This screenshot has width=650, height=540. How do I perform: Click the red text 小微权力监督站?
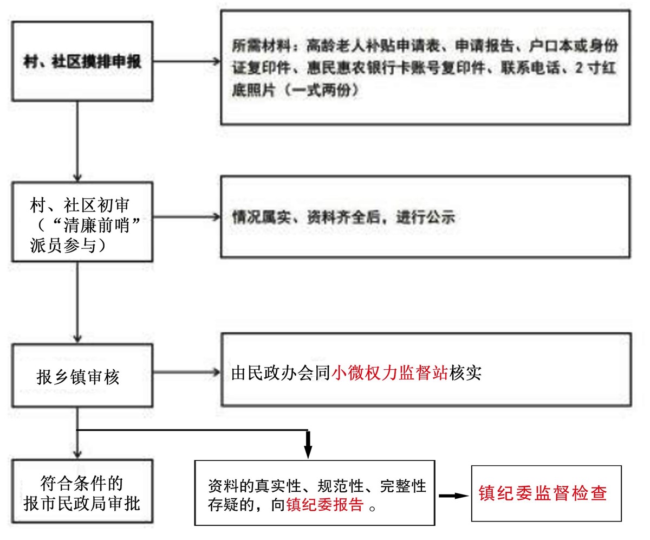390,373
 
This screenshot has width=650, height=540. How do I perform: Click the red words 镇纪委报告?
325,505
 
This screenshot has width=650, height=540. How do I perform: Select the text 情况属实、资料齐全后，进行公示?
343,217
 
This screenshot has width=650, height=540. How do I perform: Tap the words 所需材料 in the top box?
262,46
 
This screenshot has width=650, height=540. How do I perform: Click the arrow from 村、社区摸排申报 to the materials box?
187,61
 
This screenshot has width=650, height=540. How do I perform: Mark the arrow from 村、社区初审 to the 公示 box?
187,217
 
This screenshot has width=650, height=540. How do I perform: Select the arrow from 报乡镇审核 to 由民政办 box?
187,372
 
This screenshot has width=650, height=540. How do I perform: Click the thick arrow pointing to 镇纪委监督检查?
453,496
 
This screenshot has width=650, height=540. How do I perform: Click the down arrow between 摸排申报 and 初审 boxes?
77,142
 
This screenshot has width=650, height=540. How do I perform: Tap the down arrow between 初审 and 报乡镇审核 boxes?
77,303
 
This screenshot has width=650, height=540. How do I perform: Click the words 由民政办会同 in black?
281,373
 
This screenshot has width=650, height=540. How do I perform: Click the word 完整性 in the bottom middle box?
404,486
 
